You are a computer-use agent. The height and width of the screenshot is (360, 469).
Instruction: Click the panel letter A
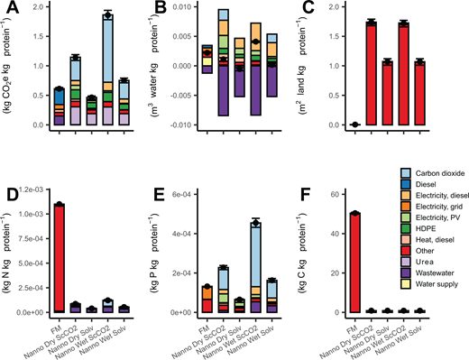(x=12, y=11)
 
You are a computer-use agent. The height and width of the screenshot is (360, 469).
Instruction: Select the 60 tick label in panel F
(x=337, y=194)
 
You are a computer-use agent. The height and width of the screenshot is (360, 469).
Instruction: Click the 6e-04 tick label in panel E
(x=184, y=194)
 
